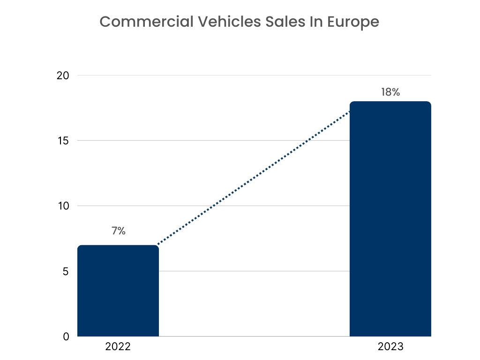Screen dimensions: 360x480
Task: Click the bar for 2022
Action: click(118, 291)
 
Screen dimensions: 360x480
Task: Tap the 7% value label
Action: click(118, 231)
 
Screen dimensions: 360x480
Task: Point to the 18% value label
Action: click(390, 92)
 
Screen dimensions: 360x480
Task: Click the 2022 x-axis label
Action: click(118, 347)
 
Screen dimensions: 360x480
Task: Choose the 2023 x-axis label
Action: click(390, 347)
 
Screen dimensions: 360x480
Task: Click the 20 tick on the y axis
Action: click(62, 75)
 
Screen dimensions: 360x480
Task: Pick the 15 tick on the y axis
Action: click(62, 141)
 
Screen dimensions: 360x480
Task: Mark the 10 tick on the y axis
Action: click(62, 206)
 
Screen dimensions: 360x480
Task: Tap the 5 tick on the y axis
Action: click(66, 271)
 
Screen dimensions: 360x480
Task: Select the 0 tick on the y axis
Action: click(66, 337)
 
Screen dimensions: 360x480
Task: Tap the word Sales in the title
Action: click(277, 22)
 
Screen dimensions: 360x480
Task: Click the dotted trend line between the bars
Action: click(253, 179)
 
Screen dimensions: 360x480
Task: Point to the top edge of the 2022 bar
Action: click(118, 246)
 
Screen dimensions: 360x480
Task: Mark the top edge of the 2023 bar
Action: click(390, 102)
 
